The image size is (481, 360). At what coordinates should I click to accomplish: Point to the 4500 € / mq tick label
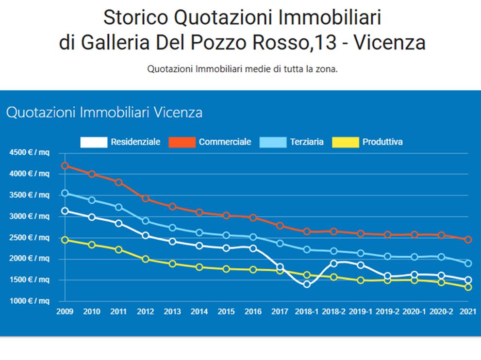(x=29, y=153)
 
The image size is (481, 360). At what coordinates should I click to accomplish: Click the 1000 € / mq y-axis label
(x=29, y=301)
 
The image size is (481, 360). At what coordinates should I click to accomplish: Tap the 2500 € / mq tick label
(x=29, y=238)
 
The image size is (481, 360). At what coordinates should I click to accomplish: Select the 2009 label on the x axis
(x=65, y=311)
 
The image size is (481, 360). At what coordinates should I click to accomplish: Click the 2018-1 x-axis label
(x=307, y=311)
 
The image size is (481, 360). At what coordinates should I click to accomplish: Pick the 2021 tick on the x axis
(x=467, y=311)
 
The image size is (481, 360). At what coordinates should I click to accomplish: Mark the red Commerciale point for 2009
(x=65, y=165)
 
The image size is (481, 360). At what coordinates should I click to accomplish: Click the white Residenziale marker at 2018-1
(x=307, y=284)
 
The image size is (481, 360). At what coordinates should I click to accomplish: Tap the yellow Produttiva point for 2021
(x=468, y=287)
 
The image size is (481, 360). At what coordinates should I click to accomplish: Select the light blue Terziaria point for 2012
(x=146, y=221)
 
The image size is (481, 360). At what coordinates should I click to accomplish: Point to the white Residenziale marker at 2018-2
(x=333, y=263)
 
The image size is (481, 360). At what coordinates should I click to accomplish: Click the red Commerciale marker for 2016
(x=253, y=218)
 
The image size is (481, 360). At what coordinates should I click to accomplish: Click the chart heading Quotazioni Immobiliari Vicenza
(x=104, y=113)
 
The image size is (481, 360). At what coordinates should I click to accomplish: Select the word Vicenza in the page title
(x=389, y=43)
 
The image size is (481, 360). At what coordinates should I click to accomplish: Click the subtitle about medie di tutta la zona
(x=242, y=69)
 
